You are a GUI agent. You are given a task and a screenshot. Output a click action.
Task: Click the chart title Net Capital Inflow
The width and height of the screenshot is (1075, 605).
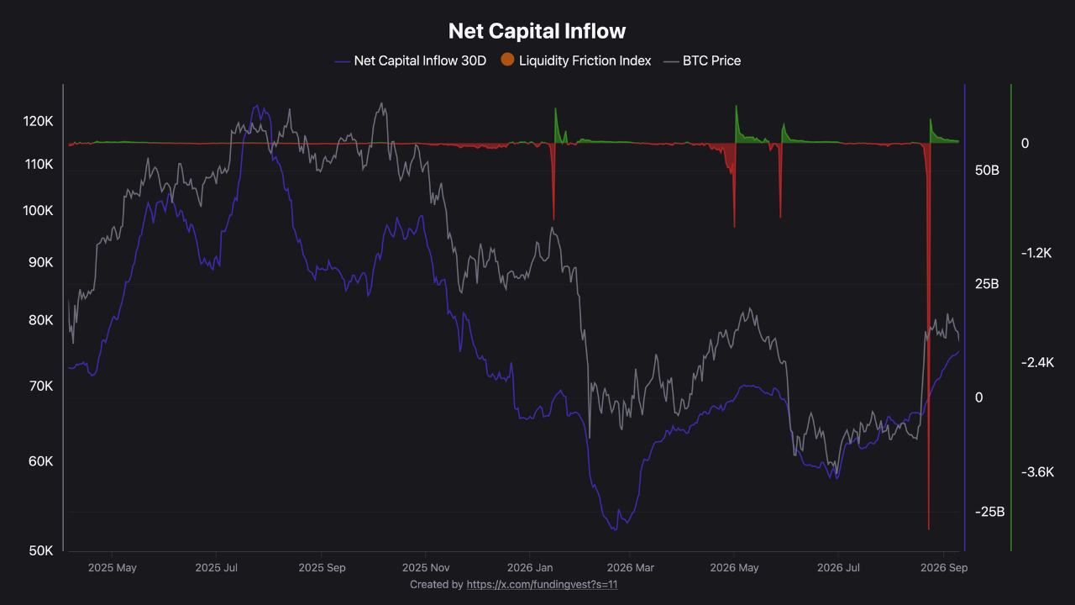pyautogui.click(x=537, y=31)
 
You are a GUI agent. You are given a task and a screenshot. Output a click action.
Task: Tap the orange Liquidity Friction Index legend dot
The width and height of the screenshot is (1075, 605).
pyautogui.click(x=507, y=60)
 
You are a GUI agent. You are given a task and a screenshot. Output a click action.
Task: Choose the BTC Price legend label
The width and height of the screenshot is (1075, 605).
pyautogui.click(x=711, y=61)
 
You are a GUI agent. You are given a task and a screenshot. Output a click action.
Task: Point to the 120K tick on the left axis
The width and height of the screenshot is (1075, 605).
pyautogui.click(x=38, y=121)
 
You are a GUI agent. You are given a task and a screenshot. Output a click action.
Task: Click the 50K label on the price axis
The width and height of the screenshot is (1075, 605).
pyautogui.click(x=41, y=550)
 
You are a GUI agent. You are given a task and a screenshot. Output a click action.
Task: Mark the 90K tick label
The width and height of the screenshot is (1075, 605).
pyautogui.click(x=41, y=262)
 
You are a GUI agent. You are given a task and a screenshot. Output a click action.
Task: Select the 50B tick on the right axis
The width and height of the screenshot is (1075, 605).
pyautogui.click(x=987, y=170)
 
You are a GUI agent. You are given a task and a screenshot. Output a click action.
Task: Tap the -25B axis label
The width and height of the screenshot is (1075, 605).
pyautogui.click(x=989, y=512)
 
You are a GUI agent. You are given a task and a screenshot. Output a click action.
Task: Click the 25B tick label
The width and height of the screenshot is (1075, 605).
pyautogui.click(x=987, y=284)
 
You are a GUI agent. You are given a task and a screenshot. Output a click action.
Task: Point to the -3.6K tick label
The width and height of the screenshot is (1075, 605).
pyautogui.click(x=1037, y=472)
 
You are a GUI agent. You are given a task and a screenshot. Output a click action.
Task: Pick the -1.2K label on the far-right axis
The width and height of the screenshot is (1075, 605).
pyautogui.click(x=1036, y=253)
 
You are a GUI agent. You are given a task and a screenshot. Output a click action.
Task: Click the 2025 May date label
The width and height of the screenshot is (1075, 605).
pyautogui.click(x=113, y=567)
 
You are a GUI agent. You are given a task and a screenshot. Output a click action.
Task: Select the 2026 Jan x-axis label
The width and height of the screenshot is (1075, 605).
pyautogui.click(x=530, y=567)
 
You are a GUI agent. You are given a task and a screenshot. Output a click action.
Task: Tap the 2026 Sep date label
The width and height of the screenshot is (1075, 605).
pyautogui.click(x=944, y=567)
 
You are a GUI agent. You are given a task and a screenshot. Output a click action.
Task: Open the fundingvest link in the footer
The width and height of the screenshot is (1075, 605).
pyautogui.click(x=542, y=584)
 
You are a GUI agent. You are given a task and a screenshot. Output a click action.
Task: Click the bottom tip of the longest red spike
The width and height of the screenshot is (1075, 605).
pyautogui.click(x=929, y=529)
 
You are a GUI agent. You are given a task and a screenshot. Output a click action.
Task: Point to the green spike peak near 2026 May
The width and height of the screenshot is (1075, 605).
pyautogui.click(x=737, y=106)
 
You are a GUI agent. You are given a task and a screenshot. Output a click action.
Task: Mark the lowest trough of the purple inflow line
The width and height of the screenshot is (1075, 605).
pyautogui.click(x=615, y=529)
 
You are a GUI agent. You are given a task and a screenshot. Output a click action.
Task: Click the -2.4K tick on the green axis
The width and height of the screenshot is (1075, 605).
pyautogui.click(x=1037, y=362)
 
